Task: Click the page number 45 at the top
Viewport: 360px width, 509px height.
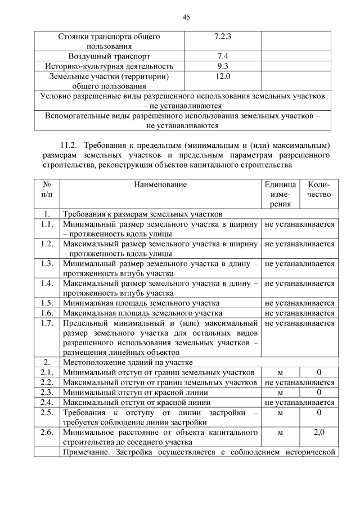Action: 186,17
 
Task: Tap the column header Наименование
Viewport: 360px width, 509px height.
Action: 160,184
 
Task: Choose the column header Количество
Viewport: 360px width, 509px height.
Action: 319,189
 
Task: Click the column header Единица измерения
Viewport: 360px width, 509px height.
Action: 280,194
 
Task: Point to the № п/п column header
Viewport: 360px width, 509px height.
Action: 47,189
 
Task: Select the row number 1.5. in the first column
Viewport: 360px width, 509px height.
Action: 47,303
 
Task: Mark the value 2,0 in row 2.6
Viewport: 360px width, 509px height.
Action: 319,433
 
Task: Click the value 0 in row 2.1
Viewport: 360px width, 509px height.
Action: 319,372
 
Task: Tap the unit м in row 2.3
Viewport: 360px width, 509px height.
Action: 280,392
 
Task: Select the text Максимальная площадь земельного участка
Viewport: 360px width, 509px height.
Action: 142,313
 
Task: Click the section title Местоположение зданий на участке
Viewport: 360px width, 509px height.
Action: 128,362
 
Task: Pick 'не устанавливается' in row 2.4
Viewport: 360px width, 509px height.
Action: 299,402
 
